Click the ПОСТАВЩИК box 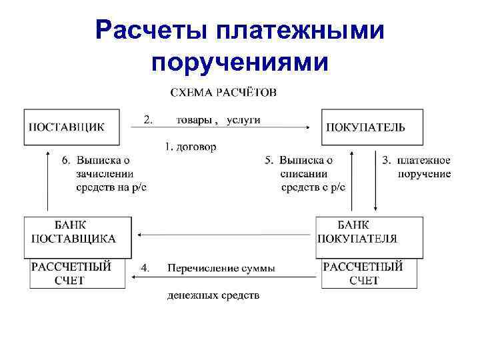click(72, 126)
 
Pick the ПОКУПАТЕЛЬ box click(372, 126)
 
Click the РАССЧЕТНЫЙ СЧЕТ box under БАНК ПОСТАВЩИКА click(77, 273)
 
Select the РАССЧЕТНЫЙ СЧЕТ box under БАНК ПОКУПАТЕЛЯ click(369, 273)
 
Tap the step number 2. click(148, 120)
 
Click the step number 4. click(145, 268)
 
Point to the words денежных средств click(213, 295)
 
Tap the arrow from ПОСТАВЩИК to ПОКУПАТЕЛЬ click(220, 128)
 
